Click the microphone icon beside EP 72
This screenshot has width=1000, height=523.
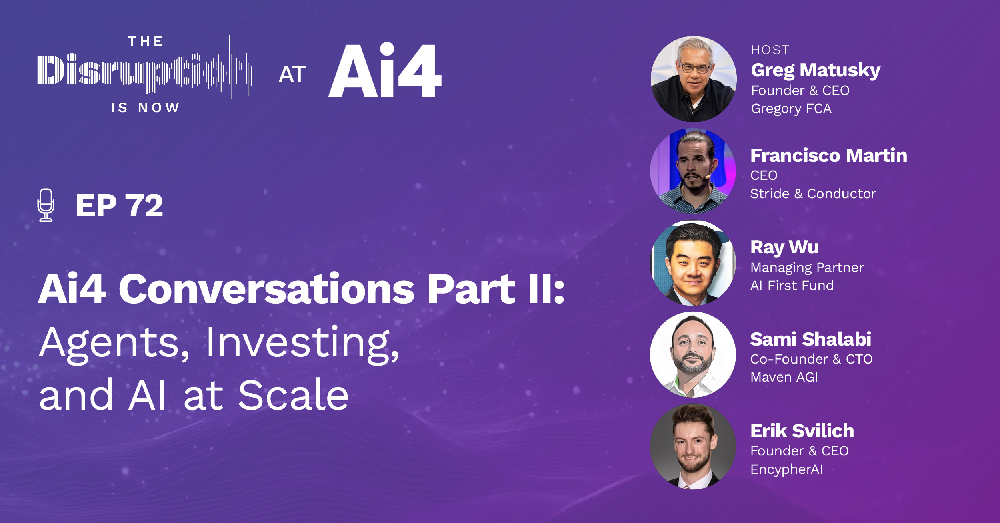[46, 205]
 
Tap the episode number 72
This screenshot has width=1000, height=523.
[144, 206]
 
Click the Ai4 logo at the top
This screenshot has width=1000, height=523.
[384, 71]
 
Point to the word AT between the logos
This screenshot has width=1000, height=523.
[292, 75]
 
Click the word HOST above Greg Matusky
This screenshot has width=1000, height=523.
[770, 50]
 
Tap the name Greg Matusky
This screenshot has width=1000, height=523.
[815, 70]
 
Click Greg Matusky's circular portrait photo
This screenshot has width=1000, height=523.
[693, 79]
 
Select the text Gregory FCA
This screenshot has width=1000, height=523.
[791, 109]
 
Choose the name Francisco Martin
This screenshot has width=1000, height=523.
[828, 155]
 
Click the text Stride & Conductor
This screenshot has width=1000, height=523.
[813, 194]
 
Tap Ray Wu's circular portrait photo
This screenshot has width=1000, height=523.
[693, 263]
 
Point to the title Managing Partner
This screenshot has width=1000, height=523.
[807, 268]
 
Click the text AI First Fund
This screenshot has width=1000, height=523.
[792, 286]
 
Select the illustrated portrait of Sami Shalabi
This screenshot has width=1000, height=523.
[693, 354]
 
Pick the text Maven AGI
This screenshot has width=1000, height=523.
[784, 377]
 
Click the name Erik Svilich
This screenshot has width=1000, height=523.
[802, 431]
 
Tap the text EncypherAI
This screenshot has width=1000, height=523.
[786, 469]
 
